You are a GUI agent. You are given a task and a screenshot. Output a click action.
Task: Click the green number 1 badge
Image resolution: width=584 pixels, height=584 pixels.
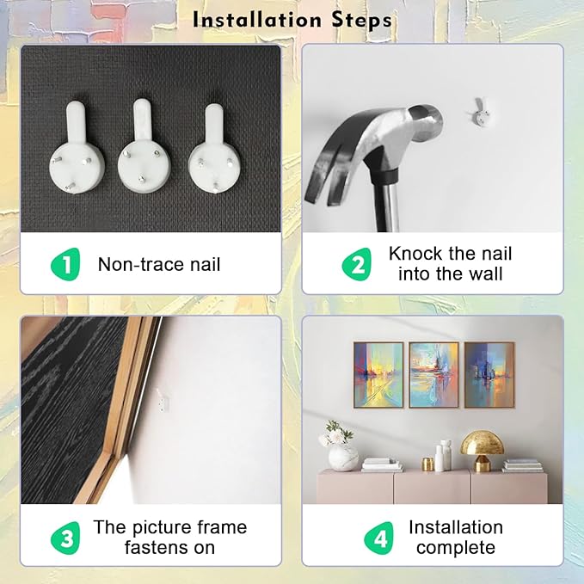66,264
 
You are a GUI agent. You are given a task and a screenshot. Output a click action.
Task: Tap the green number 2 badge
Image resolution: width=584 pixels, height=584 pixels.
357,264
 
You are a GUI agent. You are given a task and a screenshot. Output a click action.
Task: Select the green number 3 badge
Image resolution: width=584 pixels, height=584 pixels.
66,538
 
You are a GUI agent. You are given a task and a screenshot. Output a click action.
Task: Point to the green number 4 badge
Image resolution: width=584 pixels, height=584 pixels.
379,538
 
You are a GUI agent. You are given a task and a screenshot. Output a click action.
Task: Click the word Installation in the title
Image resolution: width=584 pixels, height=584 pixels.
257,20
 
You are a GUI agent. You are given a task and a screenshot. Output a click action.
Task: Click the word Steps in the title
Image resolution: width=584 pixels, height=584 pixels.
361,21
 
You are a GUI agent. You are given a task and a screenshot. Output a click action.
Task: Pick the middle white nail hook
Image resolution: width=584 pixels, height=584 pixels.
144,145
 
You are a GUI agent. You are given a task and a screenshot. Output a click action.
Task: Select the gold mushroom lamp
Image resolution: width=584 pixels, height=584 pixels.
483,451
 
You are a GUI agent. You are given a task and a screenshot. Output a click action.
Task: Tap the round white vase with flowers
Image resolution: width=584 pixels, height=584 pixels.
342,458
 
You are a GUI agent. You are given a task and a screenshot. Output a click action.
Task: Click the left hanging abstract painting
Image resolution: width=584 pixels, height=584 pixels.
378,375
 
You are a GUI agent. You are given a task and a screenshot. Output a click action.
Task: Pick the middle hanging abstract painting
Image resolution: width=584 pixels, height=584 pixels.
433,375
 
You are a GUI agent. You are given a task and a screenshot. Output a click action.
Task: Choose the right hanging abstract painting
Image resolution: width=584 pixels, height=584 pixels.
489,375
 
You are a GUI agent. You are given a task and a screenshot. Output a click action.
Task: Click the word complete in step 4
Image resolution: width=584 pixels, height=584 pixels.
456,548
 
